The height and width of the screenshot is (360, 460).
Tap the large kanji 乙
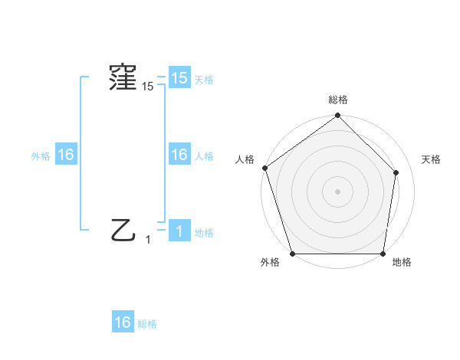click(x=123, y=229)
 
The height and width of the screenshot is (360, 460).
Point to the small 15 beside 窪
click(x=147, y=87)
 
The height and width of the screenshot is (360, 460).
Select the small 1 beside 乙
click(x=148, y=240)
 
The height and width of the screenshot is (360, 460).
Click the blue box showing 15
click(x=179, y=78)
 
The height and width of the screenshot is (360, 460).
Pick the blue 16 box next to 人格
click(x=179, y=155)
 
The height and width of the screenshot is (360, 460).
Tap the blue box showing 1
click(x=179, y=231)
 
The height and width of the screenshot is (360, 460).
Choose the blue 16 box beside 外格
click(x=66, y=155)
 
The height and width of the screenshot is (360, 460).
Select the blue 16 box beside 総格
click(x=123, y=322)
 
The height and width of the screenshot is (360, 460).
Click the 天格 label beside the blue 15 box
click(x=204, y=79)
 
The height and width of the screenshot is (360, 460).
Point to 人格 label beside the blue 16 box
click(x=204, y=156)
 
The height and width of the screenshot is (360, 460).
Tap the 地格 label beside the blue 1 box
click(x=204, y=232)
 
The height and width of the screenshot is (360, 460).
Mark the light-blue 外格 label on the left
click(x=41, y=156)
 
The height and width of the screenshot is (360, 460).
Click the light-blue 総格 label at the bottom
click(x=147, y=323)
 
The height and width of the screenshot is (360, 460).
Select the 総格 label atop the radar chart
click(x=337, y=100)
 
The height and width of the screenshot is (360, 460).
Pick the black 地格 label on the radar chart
click(x=402, y=262)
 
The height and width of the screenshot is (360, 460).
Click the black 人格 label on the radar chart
click(x=245, y=159)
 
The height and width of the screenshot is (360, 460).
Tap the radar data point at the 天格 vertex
click(x=396, y=172)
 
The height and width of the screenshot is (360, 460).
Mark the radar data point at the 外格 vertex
click(x=293, y=254)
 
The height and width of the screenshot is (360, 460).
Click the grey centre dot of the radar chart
click(x=337, y=191)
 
